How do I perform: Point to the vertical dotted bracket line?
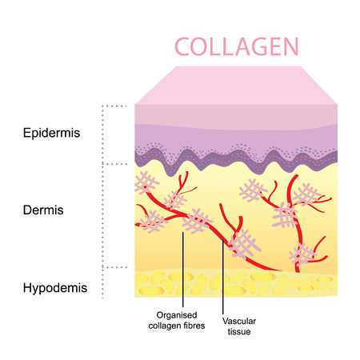(102, 200)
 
